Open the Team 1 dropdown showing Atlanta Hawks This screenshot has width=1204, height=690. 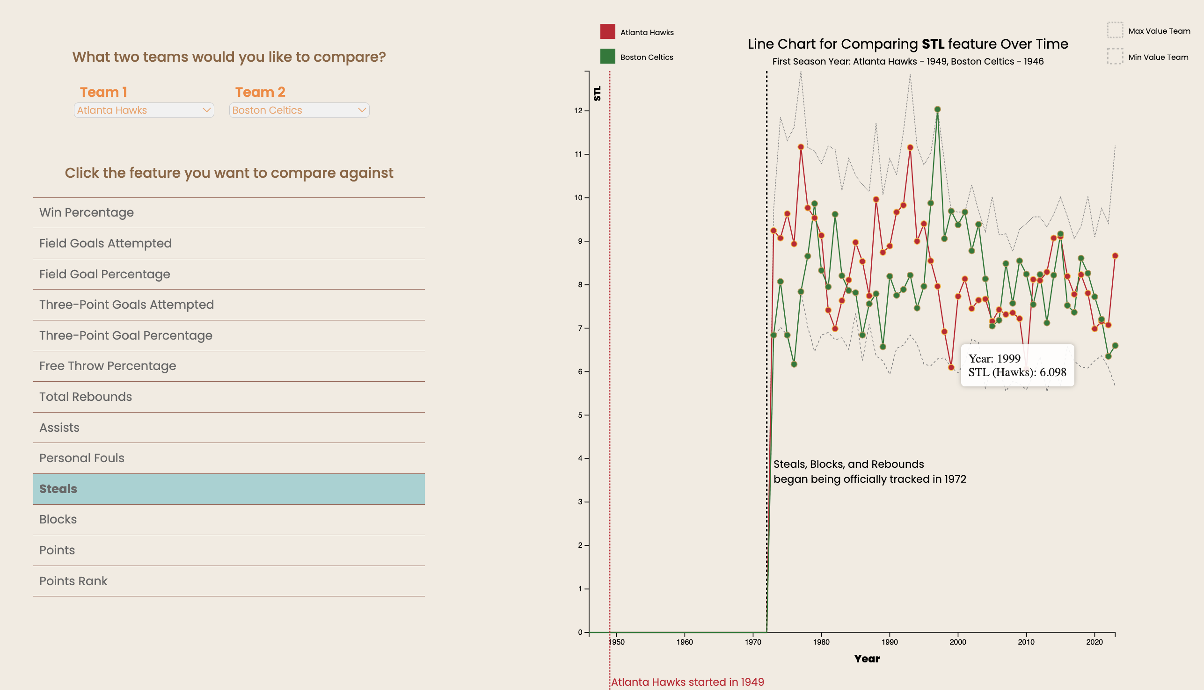[144, 110]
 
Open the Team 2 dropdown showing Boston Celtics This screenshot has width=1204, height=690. [299, 110]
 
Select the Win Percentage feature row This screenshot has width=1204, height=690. [229, 212]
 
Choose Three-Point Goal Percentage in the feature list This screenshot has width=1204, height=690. [229, 335]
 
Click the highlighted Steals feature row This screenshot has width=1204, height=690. [229, 488]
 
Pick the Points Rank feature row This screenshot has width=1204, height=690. [229, 581]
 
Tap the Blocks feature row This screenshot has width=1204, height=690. [229, 519]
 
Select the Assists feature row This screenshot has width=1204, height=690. [229, 428]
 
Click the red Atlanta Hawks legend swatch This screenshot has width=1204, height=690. [608, 31]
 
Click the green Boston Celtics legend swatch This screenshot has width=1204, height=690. [608, 57]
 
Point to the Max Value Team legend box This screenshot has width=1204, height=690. [1115, 30]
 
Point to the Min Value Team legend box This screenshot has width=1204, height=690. [1115, 57]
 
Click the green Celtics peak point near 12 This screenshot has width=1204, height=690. [938, 109]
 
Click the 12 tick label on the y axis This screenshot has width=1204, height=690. [578, 111]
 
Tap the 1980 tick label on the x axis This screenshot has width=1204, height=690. [822, 642]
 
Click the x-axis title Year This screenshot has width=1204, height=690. [867, 659]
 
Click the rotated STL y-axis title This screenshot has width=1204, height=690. [597, 94]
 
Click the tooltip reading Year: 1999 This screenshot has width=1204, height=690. [1017, 365]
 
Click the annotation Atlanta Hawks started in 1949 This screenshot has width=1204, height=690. [687, 682]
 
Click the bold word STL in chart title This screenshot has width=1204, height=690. [933, 44]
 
